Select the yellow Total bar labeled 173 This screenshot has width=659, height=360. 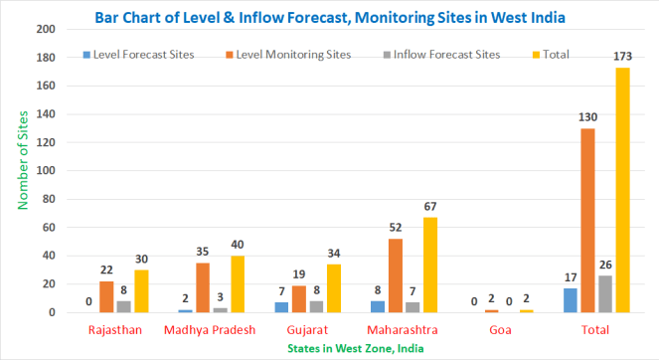click(x=622, y=190)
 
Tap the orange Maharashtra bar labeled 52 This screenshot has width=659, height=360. click(x=396, y=275)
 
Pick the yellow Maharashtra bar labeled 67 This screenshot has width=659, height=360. click(x=430, y=265)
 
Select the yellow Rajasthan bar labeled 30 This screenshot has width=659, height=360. click(x=142, y=290)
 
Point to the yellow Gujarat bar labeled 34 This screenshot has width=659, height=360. click(x=333, y=288)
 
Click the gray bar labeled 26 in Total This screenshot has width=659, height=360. click(x=605, y=294)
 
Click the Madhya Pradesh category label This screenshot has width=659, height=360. click(x=208, y=329)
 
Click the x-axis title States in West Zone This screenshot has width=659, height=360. click(x=329, y=348)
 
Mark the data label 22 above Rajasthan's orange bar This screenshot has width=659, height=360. click(x=107, y=269)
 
